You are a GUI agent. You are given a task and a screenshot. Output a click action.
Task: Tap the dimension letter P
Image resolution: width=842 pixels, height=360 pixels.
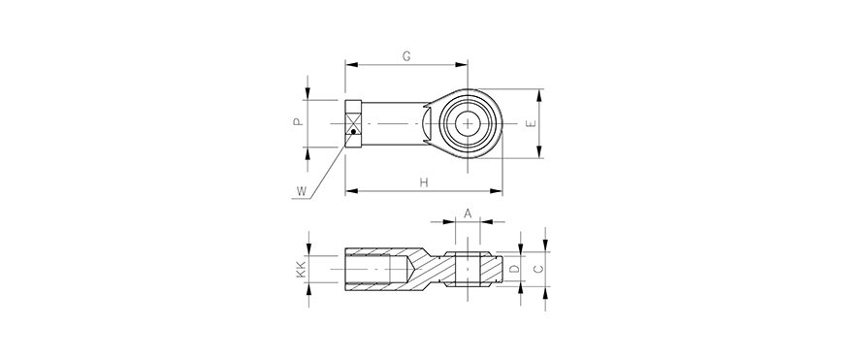(299, 123)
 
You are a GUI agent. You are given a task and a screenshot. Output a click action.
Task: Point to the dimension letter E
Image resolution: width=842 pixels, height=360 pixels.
(529, 123)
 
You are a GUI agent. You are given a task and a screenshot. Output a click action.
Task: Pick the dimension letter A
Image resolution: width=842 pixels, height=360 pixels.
(467, 213)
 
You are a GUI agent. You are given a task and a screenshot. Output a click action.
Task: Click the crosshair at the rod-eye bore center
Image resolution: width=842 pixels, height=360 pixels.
(469, 123)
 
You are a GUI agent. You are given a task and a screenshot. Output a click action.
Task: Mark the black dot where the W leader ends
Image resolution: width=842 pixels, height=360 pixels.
(355, 131)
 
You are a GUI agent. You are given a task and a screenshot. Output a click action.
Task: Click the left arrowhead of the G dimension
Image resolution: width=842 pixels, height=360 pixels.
(350, 65)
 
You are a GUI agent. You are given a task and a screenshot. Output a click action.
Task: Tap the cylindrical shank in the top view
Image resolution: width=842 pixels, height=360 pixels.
(393, 123)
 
